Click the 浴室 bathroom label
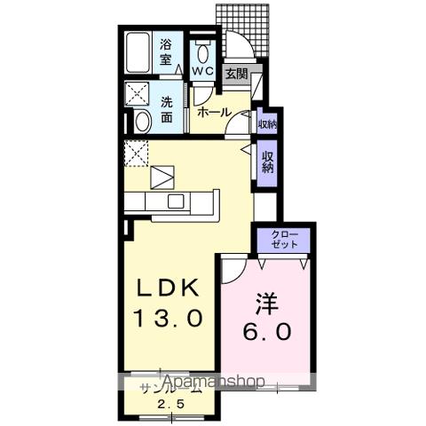(x=166, y=52)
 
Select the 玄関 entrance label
(x=235, y=75)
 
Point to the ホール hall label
(x=214, y=112)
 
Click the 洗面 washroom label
(x=166, y=108)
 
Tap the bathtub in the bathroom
(x=138, y=52)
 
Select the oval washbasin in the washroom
(x=143, y=122)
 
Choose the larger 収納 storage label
(x=266, y=162)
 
